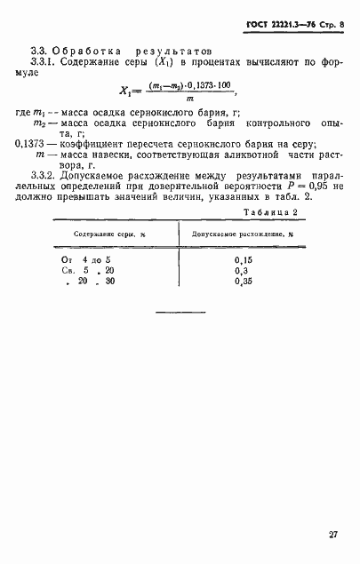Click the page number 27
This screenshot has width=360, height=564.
pos(332,535)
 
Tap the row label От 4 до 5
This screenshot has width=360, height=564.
pos(80,258)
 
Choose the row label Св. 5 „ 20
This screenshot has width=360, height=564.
pos(80,270)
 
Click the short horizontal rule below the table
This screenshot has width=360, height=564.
pos(180,312)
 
